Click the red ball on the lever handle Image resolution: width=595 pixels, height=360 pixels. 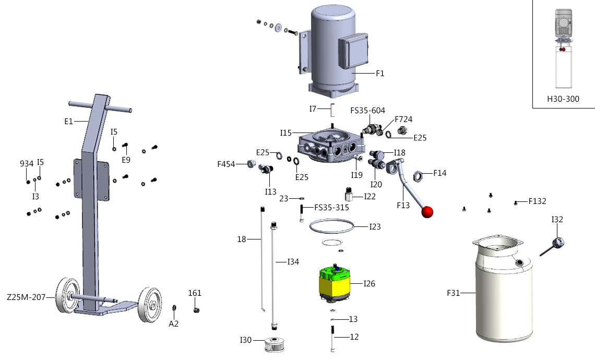coord(427,212)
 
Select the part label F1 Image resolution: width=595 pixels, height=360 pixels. coord(380,74)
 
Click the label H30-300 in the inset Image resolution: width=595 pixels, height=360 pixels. coord(563,99)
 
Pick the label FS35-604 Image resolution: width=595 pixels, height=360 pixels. coord(367,111)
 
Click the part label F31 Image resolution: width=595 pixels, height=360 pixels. coord(453,293)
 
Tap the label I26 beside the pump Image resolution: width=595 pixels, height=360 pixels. coord(370,284)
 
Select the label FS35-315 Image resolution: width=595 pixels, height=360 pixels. coord(331,207)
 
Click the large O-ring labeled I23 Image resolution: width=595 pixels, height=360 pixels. coord(331,226)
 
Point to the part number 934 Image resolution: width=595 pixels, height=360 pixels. coord(27,164)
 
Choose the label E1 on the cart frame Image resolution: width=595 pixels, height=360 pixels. coord(68,121)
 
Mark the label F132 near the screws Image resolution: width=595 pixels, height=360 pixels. coord(537,200)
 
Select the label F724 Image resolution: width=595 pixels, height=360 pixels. coord(403,119)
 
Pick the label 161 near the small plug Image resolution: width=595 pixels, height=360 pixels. coord(195,293)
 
